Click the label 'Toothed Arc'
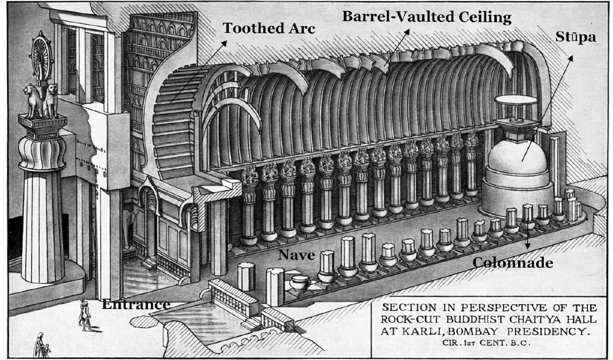pyautogui.click(x=269, y=28)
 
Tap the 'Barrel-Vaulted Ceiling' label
pyautogui.click(x=427, y=17)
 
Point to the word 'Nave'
pyautogui.click(x=297, y=255)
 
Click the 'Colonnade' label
pyautogui.click(x=513, y=263)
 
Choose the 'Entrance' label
pyautogui.click(x=136, y=304)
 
